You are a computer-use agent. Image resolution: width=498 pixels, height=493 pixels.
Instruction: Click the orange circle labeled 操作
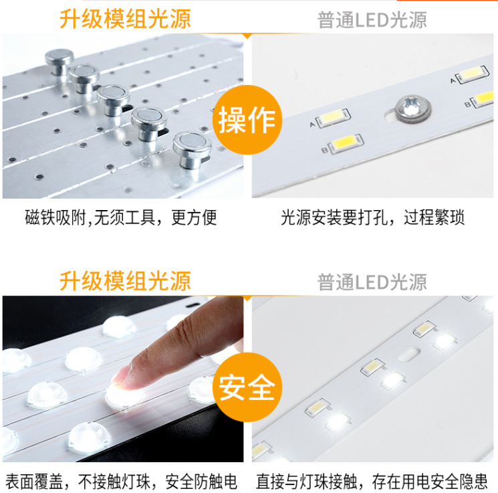coord(247,120)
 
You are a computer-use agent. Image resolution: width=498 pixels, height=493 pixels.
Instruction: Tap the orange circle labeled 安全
coord(247,387)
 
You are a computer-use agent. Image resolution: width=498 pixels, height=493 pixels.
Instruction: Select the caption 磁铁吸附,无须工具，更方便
coord(121,217)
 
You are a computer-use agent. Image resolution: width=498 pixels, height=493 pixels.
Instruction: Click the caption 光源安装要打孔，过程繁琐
coord(372,217)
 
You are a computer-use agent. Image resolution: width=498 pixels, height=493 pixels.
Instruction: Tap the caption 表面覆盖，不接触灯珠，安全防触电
coord(121,482)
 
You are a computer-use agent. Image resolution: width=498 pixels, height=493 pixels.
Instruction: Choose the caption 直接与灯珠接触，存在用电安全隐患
coord(372,482)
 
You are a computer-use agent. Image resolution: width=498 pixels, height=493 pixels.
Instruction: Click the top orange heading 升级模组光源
coord(125,19)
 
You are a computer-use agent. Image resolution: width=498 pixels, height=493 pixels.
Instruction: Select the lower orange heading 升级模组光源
coord(125,281)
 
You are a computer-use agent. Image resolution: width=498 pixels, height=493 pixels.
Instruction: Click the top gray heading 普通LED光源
coord(372,20)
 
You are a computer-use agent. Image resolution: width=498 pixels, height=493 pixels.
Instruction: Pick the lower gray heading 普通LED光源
coord(372,282)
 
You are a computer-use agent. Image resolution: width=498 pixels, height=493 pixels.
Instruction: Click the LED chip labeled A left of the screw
coord(334,118)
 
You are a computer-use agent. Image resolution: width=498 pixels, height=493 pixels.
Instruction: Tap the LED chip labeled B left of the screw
coord(346,144)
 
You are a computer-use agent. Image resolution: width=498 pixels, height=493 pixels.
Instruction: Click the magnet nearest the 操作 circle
coord(193,149)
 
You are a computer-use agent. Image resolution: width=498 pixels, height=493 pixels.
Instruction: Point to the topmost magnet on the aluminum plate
coord(59,61)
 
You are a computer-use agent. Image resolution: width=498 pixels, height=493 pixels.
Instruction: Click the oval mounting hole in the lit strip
coord(409,354)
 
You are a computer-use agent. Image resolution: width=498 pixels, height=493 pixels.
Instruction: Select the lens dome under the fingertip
coord(124,396)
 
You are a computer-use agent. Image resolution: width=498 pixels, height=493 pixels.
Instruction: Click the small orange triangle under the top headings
coord(247,36)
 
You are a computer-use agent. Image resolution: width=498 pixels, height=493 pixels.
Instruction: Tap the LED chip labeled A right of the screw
coord(472,74)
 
